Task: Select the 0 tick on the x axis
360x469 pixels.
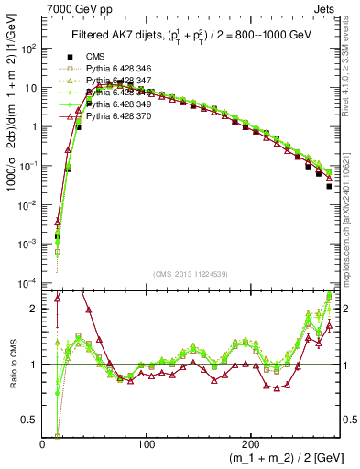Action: point(42,443)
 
